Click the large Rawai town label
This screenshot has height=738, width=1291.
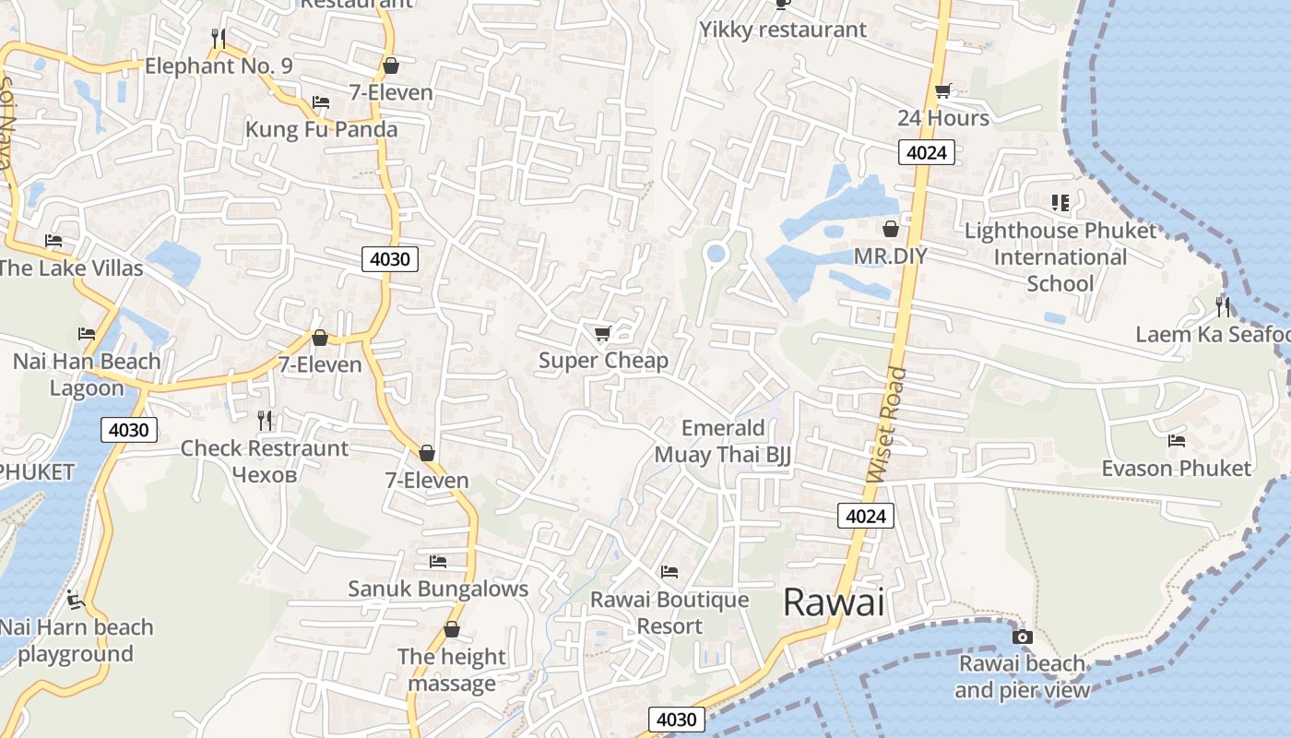(834, 602)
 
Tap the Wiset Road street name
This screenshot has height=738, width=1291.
(887, 425)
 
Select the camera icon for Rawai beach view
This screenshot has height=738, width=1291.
(1022, 637)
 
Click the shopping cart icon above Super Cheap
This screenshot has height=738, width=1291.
(603, 333)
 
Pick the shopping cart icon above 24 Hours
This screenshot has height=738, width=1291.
(942, 90)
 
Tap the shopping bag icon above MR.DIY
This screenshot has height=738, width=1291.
(891, 229)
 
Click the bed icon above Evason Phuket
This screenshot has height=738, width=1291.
(1177, 441)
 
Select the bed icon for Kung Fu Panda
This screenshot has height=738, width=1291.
(321, 101)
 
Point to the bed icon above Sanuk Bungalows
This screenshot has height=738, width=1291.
(438, 561)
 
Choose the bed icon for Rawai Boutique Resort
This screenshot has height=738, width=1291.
(669, 572)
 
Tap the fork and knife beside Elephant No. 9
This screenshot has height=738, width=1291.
(218, 38)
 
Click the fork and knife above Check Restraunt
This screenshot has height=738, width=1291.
(266, 421)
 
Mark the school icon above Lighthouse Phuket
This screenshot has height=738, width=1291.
(1060, 202)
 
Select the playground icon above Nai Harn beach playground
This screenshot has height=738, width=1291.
(76, 600)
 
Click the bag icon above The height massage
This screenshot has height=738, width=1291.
(452, 629)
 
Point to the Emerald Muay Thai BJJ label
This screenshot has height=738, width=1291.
(723, 441)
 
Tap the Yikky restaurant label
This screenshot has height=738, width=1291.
(783, 30)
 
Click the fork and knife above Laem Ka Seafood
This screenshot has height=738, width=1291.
(1223, 306)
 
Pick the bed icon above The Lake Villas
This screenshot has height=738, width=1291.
(53, 241)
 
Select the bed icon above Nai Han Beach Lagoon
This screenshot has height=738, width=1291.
(87, 333)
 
